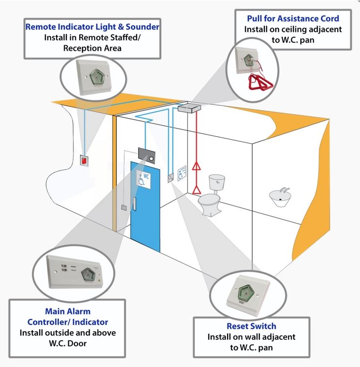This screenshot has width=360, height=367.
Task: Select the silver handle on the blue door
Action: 135,204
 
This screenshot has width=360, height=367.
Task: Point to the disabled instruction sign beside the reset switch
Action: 183,174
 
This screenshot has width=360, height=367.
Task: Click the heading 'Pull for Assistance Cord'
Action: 293,18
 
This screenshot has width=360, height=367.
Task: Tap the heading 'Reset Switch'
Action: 252,326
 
